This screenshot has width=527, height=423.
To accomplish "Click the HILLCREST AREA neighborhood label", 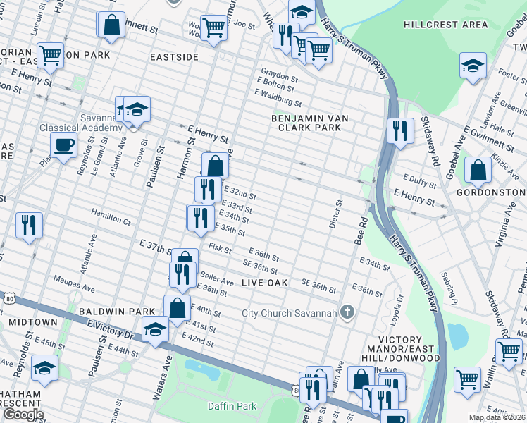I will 445,25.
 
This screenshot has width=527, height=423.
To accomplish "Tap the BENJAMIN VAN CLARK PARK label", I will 306,123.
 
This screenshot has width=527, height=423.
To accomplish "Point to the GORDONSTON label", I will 490,192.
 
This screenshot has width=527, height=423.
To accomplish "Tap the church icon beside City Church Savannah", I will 347,312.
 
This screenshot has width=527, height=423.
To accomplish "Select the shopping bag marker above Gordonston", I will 478,170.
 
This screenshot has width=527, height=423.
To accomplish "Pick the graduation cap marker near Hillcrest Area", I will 473,66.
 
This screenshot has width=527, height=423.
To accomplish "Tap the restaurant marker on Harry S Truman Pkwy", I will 399,130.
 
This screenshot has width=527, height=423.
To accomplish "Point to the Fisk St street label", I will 221,249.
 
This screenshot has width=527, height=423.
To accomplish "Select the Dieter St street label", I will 336,214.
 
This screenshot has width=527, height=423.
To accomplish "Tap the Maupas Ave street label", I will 74,288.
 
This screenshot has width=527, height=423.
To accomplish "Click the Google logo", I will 23,415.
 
